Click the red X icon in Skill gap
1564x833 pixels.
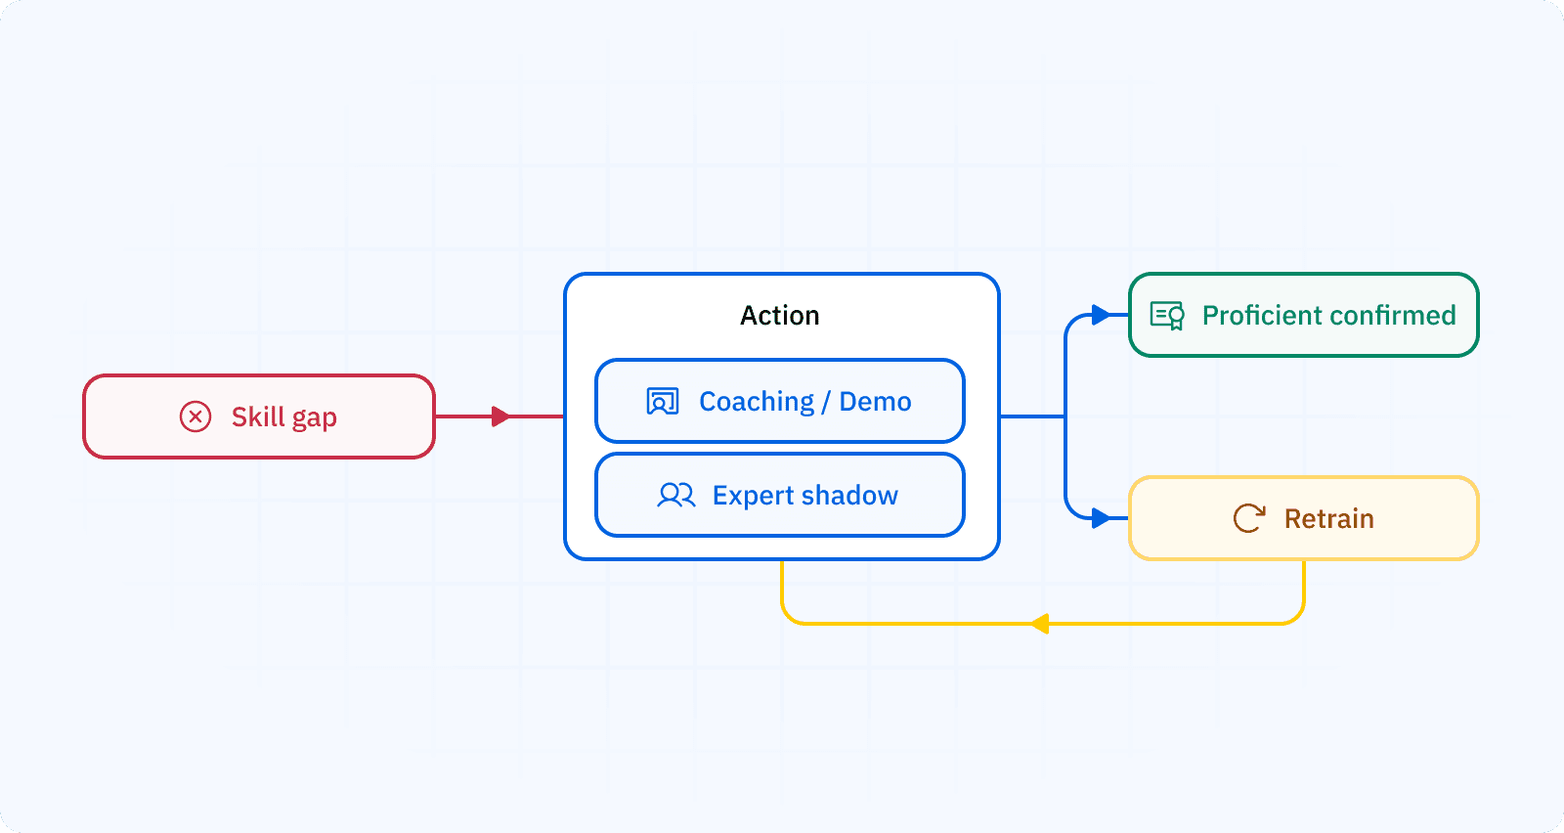[x=195, y=416]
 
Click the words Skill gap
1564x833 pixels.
[x=283, y=417]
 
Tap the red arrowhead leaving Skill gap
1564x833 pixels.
[x=500, y=416]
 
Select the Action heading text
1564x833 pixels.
[x=779, y=316]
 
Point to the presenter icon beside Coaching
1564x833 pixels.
[x=662, y=402]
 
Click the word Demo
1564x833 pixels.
[x=875, y=402]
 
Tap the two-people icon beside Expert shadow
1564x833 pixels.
[x=675, y=496]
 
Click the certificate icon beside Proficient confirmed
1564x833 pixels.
[x=1167, y=315]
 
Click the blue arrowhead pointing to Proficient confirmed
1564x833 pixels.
[x=1101, y=315]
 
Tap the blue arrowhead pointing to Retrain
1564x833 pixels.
[x=1101, y=518]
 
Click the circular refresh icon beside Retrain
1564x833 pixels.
[x=1248, y=518]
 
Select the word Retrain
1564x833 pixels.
[x=1328, y=519]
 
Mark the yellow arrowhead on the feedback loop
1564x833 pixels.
[x=1040, y=624]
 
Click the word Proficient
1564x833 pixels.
[x=1261, y=315]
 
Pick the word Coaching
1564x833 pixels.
[x=757, y=402]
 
